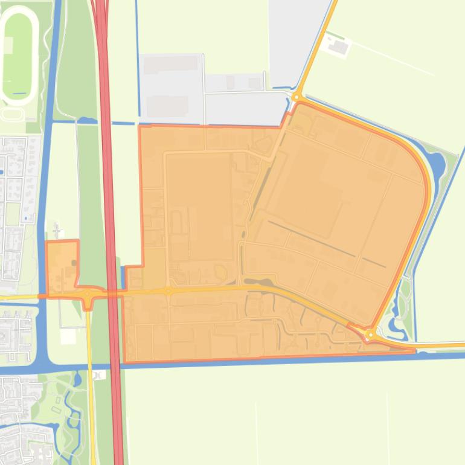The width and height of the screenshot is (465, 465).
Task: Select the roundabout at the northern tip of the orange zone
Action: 297,97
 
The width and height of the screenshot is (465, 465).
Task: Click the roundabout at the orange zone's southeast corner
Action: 371,334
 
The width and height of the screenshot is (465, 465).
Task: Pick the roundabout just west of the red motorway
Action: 88,295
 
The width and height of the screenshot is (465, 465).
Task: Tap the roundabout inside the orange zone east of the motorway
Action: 168,292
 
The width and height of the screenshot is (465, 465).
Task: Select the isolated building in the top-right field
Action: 339,46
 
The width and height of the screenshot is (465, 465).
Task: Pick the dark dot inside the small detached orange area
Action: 74,263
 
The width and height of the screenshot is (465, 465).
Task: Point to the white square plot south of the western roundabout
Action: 68,336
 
